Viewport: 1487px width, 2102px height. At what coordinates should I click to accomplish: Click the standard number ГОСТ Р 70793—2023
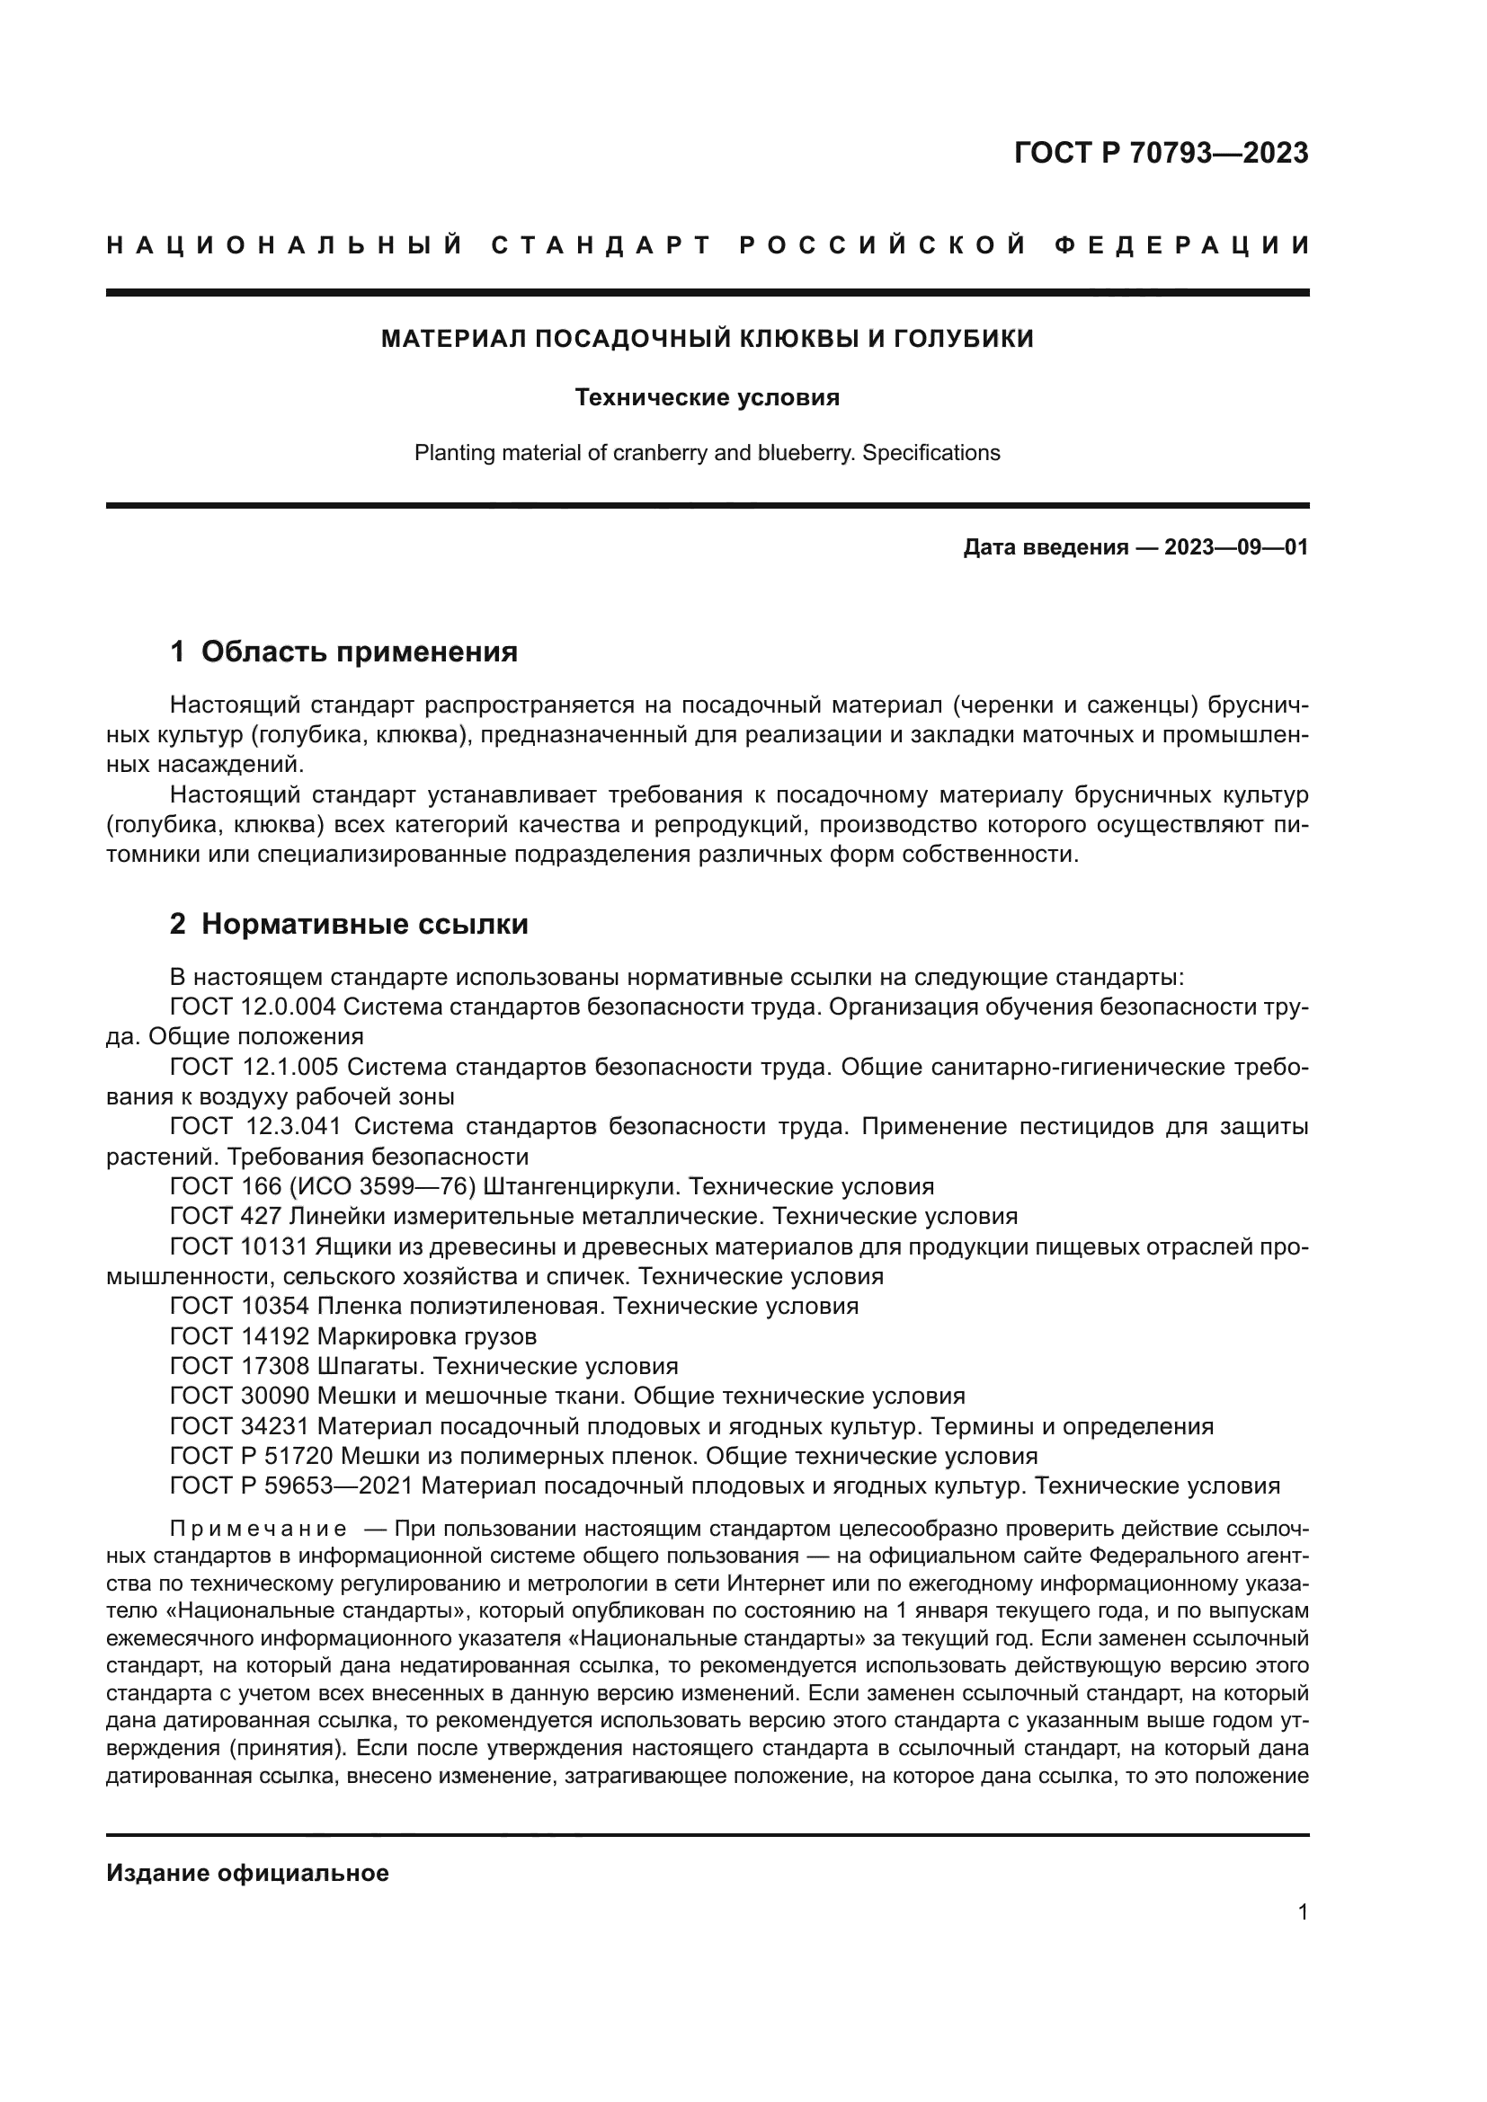point(1161,153)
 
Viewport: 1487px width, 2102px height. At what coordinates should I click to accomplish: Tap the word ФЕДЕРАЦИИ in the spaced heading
point(1181,245)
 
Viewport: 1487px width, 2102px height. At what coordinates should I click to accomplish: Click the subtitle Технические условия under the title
point(707,397)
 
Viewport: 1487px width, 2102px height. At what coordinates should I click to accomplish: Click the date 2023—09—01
point(1236,547)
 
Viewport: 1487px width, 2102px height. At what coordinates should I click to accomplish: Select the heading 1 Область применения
point(343,652)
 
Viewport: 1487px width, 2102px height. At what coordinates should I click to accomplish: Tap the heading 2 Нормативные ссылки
point(349,924)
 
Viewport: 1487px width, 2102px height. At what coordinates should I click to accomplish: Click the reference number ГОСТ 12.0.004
point(254,1007)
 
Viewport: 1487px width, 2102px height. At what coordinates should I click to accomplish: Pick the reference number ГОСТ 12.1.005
point(254,1067)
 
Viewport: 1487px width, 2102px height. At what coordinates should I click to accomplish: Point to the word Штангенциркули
point(581,1186)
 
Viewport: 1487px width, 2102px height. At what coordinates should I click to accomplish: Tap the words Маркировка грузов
point(427,1335)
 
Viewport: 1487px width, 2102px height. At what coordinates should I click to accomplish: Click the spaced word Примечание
point(258,1529)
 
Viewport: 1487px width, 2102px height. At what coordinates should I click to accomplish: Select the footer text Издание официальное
point(247,1873)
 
